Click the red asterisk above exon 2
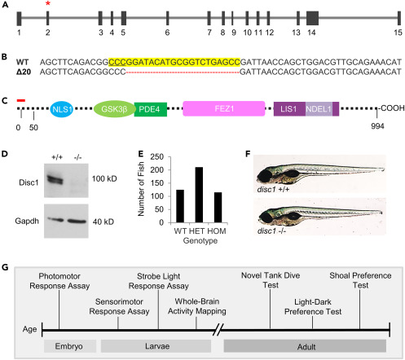click(48, 3)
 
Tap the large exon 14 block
click(312, 18)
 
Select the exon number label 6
click(167, 33)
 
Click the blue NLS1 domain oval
click(62, 109)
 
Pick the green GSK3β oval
click(114, 109)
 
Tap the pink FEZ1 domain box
click(224, 108)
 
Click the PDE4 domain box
click(150, 109)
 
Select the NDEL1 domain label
click(319, 109)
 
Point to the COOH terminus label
click(393, 108)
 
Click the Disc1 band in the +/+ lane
click(55, 179)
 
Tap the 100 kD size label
click(104, 178)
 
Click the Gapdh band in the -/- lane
click(77, 221)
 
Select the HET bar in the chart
click(199, 195)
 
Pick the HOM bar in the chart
click(218, 208)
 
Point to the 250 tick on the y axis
click(157, 157)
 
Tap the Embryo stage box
click(70, 346)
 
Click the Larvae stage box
click(156, 346)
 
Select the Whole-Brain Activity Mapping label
click(197, 306)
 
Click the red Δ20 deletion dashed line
click(183, 72)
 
